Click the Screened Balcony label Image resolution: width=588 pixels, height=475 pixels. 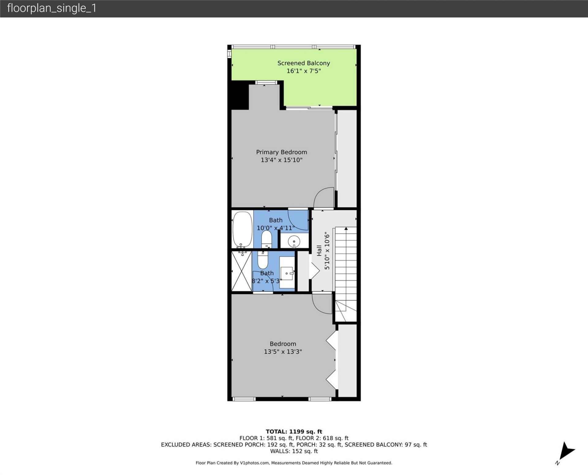[303, 63]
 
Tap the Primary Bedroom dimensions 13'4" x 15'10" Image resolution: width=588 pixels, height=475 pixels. [281, 160]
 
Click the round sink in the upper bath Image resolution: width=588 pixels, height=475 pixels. [294, 241]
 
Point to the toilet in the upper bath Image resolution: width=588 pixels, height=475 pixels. [266, 239]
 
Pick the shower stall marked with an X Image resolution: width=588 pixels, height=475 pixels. [241, 271]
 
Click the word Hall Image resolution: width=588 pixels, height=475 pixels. [319, 250]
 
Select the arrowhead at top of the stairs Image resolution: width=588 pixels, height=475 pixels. [346, 229]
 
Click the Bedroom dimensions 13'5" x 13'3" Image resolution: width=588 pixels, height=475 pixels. [283, 352]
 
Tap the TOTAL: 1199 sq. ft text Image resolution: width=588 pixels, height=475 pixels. [294, 432]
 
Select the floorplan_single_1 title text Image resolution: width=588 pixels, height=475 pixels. [51, 8]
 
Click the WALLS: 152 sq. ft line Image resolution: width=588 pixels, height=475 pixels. [294, 451]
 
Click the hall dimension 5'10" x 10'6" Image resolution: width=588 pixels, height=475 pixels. [327, 251]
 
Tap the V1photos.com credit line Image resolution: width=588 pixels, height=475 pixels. [294, 463]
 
